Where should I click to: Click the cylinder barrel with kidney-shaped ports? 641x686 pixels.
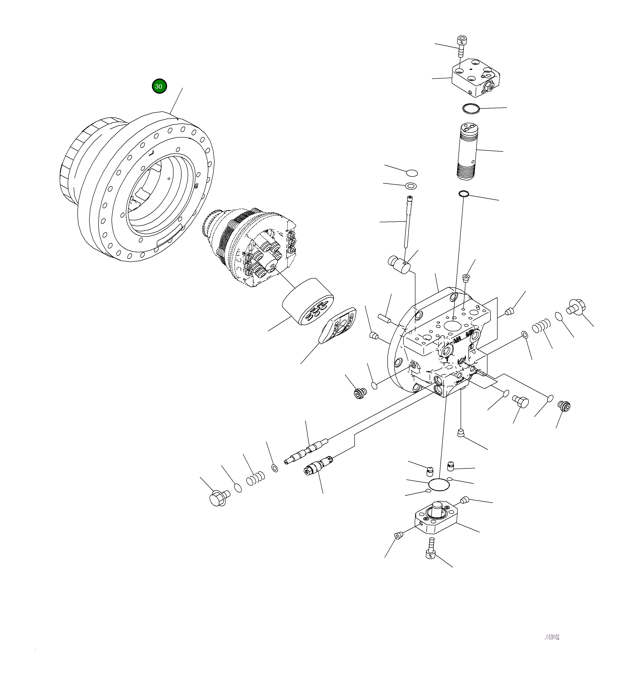pyautogui.click(x=308, y=302)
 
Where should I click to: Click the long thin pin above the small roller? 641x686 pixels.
pyautogui.click(x=408, y=221)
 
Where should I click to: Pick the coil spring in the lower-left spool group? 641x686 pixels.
pyautogui.click(x=255, y=478)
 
